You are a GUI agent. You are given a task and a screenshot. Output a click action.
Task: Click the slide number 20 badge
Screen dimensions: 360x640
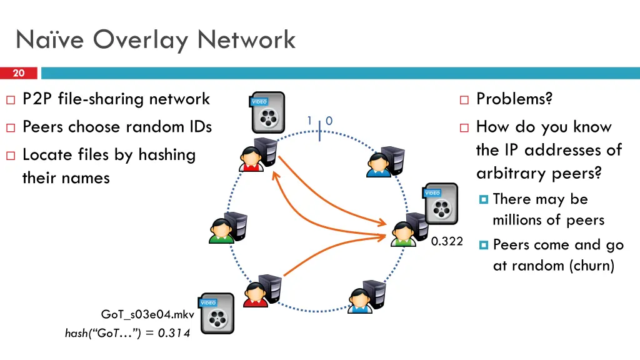(19, 73)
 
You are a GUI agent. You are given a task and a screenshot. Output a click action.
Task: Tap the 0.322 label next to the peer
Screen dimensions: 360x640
(447, 241)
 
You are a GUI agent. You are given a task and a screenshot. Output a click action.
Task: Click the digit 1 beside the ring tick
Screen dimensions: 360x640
(309, 120)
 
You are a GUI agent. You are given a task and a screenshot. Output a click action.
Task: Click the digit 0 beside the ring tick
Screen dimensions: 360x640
(329, 120)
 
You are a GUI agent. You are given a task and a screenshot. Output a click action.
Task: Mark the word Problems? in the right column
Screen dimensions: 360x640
(514, 99)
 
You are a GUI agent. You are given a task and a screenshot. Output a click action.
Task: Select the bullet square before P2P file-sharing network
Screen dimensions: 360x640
(10, 99)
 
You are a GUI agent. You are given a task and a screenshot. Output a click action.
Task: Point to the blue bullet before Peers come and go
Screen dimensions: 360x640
(483, 245)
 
